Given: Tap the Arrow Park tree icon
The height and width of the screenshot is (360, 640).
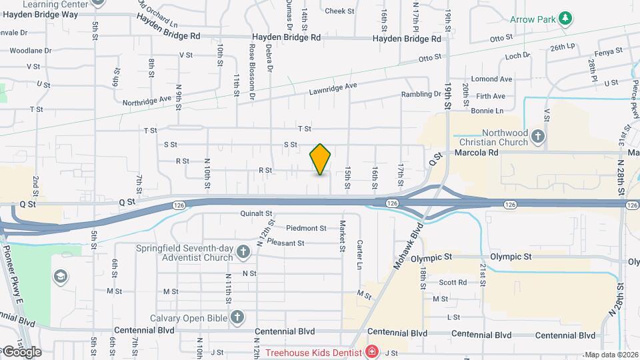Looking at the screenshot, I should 565,18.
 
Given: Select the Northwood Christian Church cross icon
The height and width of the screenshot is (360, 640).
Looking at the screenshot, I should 538,137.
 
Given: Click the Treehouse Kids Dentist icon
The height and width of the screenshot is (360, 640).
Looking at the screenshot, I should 371,351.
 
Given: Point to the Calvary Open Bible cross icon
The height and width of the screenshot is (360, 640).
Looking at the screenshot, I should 236,317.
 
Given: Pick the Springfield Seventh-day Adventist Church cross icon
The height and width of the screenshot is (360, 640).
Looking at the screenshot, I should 244,252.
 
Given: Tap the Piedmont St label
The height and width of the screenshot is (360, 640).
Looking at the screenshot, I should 306,228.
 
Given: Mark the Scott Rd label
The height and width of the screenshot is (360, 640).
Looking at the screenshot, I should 453,282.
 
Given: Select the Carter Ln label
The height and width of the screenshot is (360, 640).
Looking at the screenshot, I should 359,255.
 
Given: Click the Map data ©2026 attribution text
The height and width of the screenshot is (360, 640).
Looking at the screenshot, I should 611,355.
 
